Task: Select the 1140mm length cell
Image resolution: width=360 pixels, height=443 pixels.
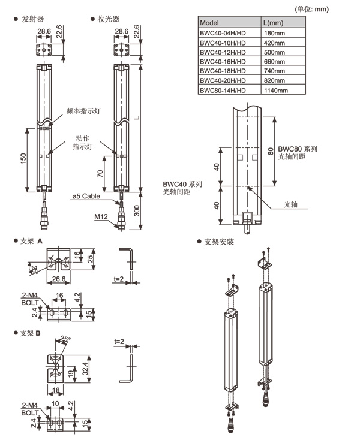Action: [276, 90]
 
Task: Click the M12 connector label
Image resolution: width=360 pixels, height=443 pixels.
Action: [100, 216]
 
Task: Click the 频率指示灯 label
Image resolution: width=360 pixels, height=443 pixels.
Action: [80, 111]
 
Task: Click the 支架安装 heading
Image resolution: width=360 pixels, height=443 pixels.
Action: [219, 242]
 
